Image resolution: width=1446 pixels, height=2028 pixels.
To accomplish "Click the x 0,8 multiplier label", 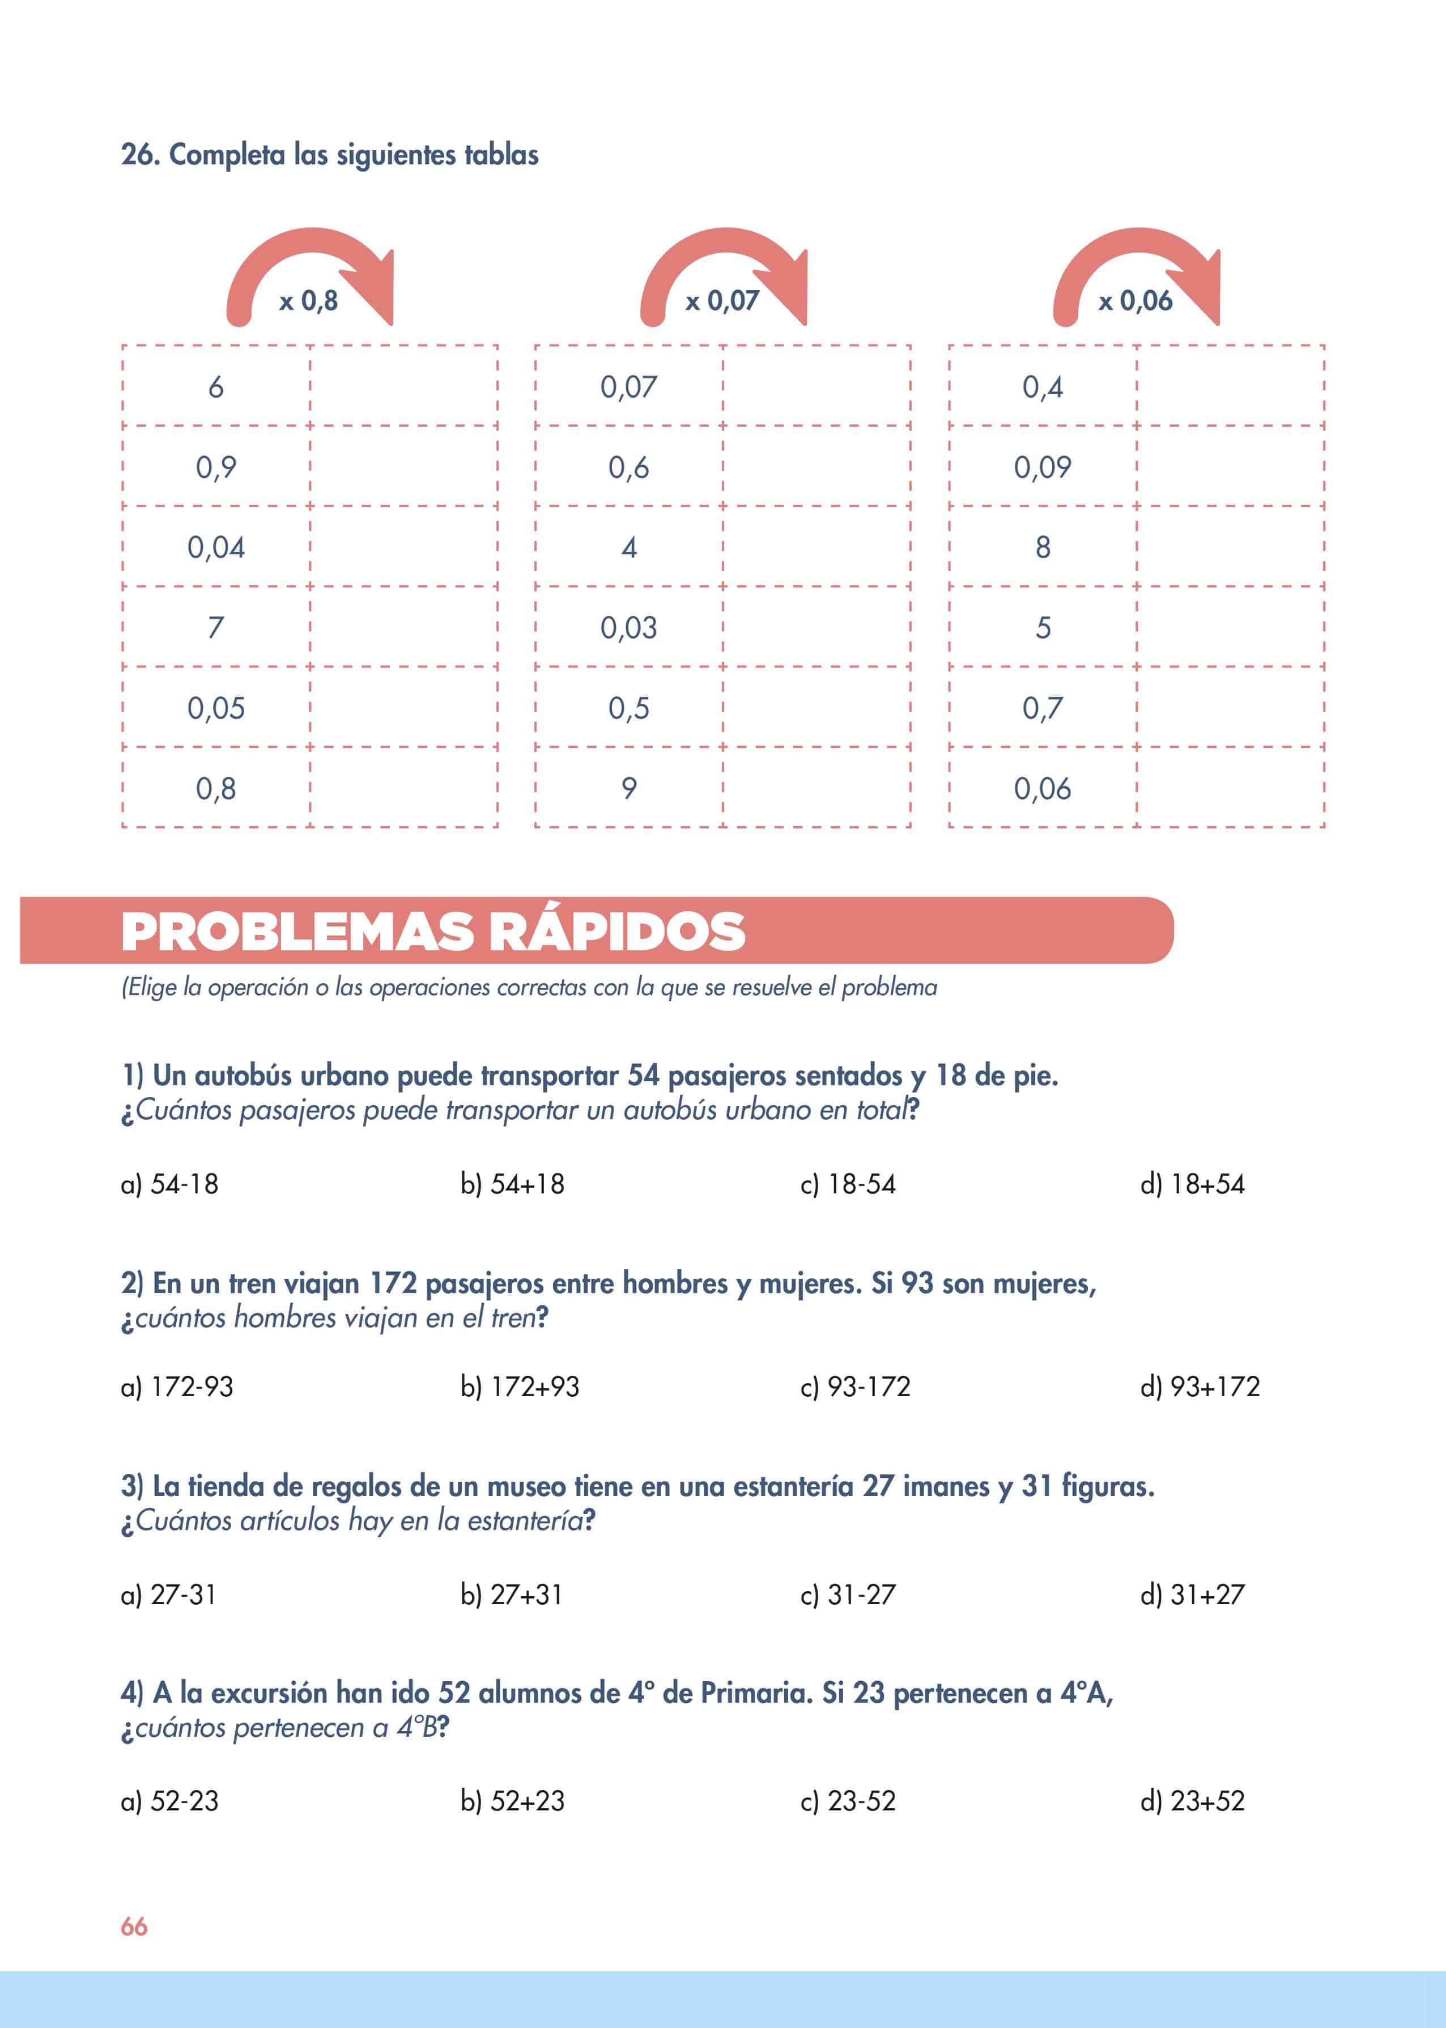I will (x=308, y=301).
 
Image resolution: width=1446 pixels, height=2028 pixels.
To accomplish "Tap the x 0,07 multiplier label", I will (x=721, y=301).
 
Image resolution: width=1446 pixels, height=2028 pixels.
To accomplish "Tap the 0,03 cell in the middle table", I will (x=628, y=628).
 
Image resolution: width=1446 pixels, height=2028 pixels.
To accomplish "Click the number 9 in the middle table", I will (x=628, y=788).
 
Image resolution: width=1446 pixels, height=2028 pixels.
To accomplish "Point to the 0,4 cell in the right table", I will (x=1042, y=387).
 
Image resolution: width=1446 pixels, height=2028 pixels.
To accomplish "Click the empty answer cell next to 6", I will (x=403, y=386).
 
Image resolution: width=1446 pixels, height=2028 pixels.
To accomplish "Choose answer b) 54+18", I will (x=512, y=1184).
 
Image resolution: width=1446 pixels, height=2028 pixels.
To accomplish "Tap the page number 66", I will (x=134, y=1927).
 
